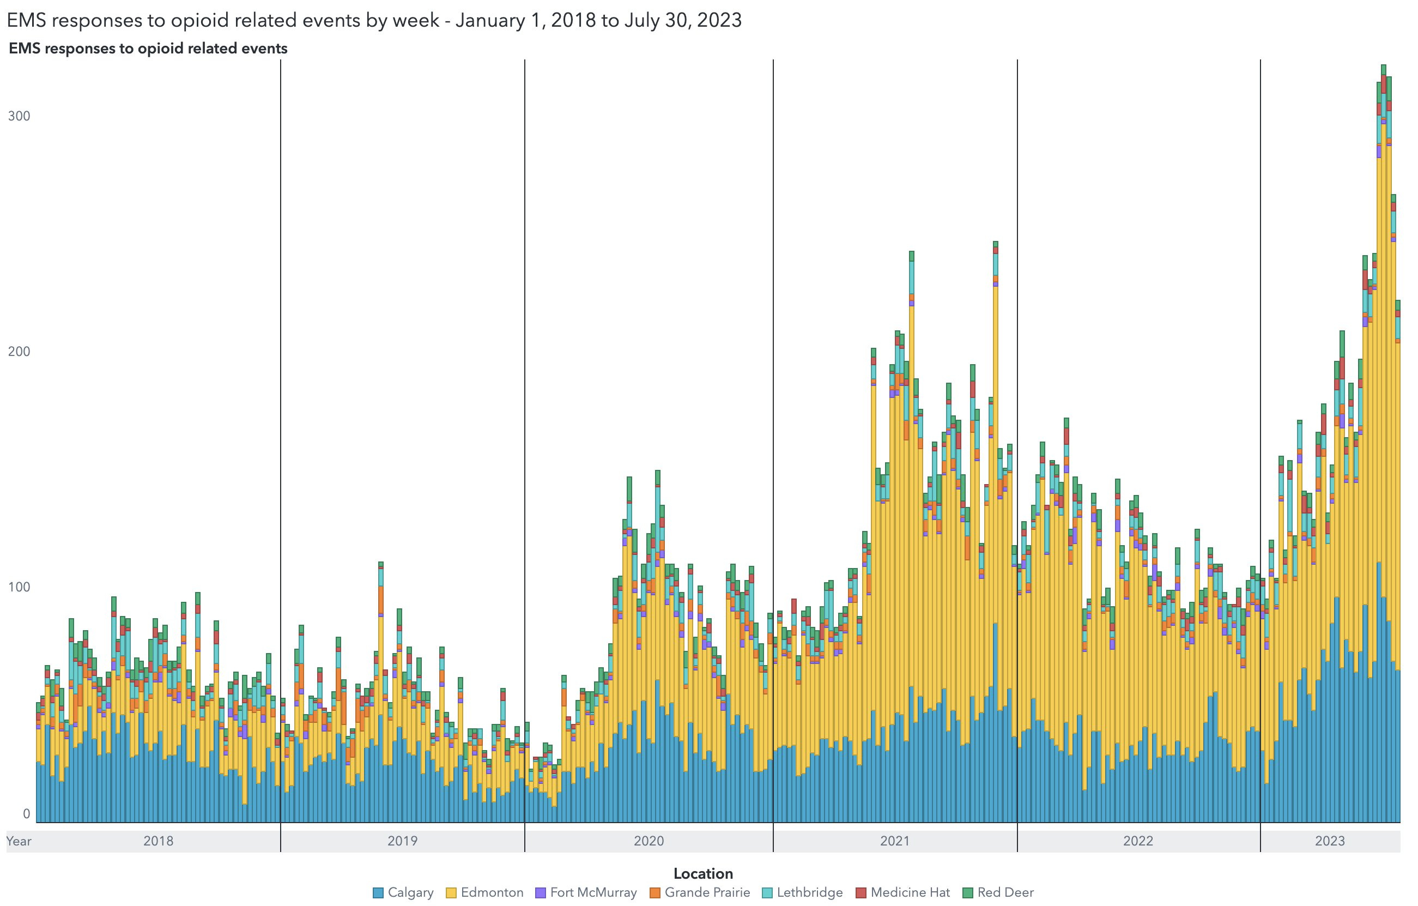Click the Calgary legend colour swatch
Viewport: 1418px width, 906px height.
pyautogui.click(x=378, y=893)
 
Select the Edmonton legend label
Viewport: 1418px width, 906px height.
pyautogui.click(x=492, y=892)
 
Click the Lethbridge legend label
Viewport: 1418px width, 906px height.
pyautogui.click(x=809, y=892)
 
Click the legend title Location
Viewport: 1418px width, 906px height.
pyautogui.click(x=703, y=874)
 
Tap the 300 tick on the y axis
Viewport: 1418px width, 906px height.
pyautogui.click(x=19, y=116)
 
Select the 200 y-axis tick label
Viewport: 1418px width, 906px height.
pyautogui.click(x=19, y=352)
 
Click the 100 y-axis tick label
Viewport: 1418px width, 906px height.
pyautogui.click(x=19, y=587)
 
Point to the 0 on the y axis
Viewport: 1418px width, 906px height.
pyautogui.click(x=26, y=813)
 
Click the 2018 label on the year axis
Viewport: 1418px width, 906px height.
pyautogui.click(x=159, y=841)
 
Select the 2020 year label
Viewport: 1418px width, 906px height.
pyautogui.click(x=649, y=841)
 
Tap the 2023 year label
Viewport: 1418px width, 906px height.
pyautogui.click(x=1330, y=841)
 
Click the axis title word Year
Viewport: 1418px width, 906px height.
pyautogui.click(x=19, y=841)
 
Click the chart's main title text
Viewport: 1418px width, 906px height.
pyautogui.click(x=374, y=20)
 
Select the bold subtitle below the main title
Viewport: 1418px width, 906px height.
pyautogui.click(x=148, y=49)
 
